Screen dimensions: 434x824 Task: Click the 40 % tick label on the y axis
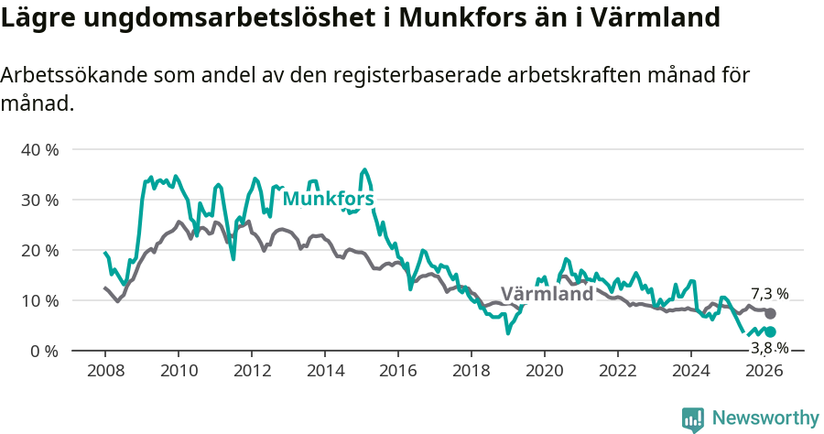coord(39,149)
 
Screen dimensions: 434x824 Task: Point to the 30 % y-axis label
coord(39,200)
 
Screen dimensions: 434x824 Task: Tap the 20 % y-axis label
coord(39,250)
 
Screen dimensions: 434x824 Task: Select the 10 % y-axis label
coord(39,300)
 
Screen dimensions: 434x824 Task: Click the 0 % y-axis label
coord(44,351)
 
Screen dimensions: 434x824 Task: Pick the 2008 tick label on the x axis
coord(105,370)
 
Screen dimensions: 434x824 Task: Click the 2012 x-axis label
coord(252,370)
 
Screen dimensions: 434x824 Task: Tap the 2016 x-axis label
coord(398,370)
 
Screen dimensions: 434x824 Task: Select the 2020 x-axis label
coord(545,370)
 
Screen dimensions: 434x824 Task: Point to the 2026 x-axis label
coord(764,370)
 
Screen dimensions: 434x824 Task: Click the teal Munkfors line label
coord(328,199)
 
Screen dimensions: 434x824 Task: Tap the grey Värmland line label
coord(547,295)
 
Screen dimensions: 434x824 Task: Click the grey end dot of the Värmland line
coord(770,314)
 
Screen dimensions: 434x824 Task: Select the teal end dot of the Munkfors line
coord(770,331)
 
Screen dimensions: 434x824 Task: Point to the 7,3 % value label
coord(769,294)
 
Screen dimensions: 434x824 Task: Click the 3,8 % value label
coord(769,348)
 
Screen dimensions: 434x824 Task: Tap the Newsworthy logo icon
coord(693,418)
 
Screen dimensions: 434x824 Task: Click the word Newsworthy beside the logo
coord(765,418)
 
